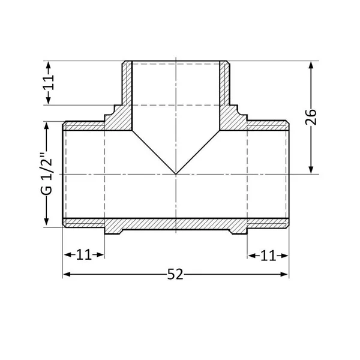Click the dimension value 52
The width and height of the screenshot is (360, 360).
click(175, 274)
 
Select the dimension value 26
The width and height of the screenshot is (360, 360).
click(311, 118)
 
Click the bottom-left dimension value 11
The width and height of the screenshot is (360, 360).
click(84, 254)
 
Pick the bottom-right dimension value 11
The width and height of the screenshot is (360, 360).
click(268, 256)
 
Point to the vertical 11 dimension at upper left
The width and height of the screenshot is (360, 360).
click(49, 82)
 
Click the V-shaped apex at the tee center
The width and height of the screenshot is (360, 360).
click(176, 174)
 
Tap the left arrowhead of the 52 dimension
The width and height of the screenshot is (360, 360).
click(67, 274)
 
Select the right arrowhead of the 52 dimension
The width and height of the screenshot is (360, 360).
click(284, 274)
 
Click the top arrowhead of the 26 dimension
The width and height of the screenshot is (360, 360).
click(311, 65)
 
